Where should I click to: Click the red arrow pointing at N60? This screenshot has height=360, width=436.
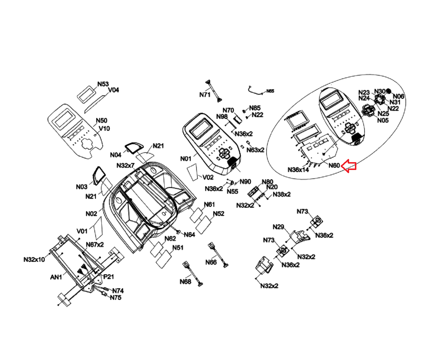pos(349,166)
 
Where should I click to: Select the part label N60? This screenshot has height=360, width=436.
pos(334,165)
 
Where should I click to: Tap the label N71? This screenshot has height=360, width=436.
pos(205,95)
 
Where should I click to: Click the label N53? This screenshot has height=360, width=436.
pos(103,84)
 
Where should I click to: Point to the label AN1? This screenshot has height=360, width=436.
pos(56,277)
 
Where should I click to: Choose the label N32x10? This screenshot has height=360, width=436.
pos(34,259)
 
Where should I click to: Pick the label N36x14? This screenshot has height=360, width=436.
pos(298,170)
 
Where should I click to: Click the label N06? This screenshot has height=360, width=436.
pos(398,96)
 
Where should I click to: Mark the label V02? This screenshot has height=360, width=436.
pos(208,177)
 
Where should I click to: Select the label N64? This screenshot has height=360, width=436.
pos(190,234)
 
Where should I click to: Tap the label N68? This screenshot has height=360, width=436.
pos(185,282)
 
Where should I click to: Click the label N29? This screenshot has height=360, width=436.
pos(278,227)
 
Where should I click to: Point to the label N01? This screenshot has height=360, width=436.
pos(186,159)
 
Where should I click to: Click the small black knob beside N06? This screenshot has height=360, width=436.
pos(389,91)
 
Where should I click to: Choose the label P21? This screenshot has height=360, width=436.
pos(109,277)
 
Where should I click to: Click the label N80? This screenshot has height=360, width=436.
pos(267,182)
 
